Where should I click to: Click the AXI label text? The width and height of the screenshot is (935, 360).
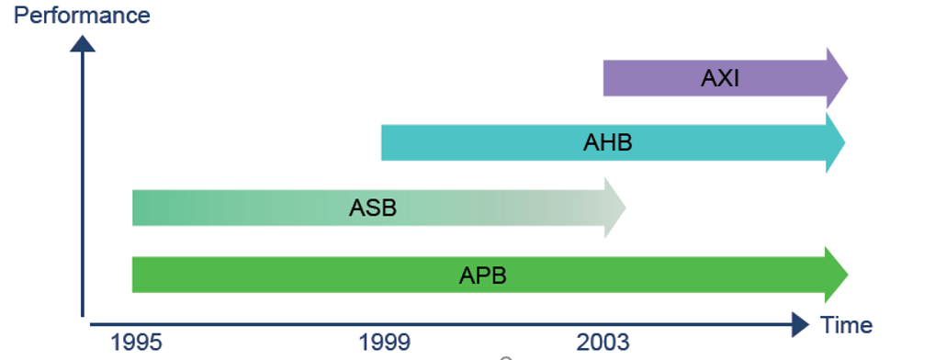tap(720, 78)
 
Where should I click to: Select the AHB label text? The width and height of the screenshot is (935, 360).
tap(608, 142)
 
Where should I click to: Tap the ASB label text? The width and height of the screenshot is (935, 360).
tap(373, 208)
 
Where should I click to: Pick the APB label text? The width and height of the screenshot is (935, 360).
tap(483, 275)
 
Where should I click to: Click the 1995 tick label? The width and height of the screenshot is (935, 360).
tap(137, 343)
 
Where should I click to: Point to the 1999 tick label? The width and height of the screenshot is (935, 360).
tap(385, 343)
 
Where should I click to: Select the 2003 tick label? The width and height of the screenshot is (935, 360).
tap(603, 343)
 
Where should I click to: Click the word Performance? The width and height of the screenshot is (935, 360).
tap(82, 16)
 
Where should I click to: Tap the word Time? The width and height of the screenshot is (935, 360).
tap(847, 324)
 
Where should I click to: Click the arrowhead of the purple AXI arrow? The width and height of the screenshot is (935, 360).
tap(836, 78)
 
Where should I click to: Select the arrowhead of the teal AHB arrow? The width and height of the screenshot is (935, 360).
tap(834, 142)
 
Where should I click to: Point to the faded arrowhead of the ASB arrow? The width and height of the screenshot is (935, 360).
tap(614, 208)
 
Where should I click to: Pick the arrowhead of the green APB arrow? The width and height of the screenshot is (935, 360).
tap(835, 275)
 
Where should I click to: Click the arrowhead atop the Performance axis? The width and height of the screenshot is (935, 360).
tap(83, 43)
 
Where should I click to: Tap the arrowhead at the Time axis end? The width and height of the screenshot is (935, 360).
tap(799, 323)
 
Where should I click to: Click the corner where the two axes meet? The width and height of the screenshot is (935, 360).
tap(84, 321)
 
